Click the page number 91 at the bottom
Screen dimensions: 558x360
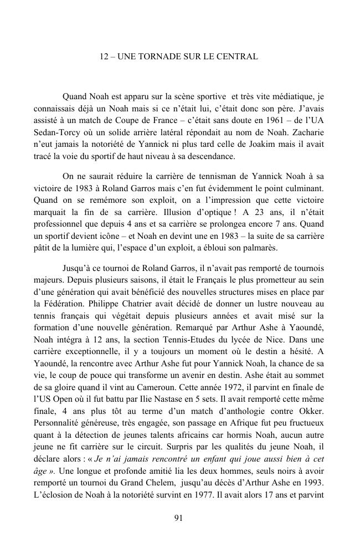(179, 518)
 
